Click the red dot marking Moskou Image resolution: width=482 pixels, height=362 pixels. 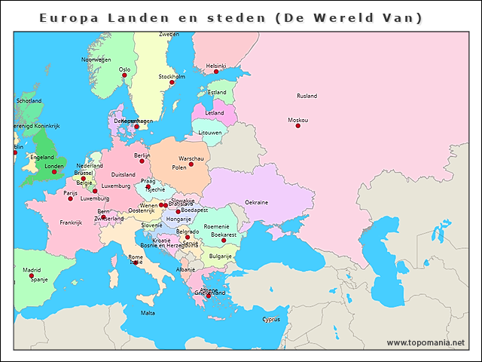(297, 126)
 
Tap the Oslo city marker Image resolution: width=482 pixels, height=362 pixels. (124, 75)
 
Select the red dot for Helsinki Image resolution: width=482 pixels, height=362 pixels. (216, 72)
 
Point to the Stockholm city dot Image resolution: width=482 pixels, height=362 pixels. (172, 82)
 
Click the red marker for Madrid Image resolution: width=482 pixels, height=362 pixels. (32, 276)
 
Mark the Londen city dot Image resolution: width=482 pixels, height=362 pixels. (54, 172)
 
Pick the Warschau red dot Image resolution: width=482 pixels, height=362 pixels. (191, 164)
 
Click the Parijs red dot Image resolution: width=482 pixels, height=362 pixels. (70, 199)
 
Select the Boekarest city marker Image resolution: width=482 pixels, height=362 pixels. (224, 241)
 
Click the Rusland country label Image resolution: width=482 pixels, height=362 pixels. (307, 96)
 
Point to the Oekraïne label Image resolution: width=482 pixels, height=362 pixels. (257, 202)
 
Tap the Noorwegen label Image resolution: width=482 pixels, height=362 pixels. (96, 60)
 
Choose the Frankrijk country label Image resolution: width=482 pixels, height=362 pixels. (71, 222)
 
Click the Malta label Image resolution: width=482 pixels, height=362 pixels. (148, 313)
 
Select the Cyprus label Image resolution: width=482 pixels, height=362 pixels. (271, 319)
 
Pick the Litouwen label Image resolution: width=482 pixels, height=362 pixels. (210, 132)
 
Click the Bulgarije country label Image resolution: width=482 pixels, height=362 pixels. (221, 256)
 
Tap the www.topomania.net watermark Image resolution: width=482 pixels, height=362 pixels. (426, 342)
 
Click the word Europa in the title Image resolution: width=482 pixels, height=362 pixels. (67, 17)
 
